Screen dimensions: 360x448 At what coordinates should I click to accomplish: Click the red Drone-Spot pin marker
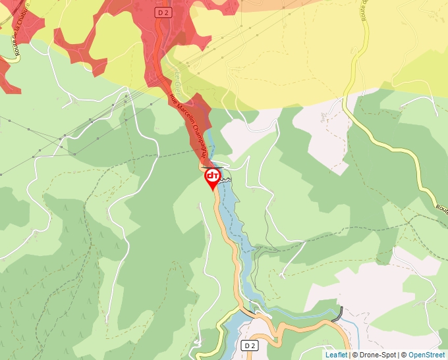(213, 177)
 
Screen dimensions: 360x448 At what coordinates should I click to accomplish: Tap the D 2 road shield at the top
(163, 13)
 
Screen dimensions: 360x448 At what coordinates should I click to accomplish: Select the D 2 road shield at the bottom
(248, 346)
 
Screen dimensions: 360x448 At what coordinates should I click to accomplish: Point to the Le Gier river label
(176, 78)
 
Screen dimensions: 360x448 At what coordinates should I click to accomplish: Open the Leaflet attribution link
(335, 355)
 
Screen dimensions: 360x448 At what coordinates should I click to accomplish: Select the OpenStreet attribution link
(426, 355)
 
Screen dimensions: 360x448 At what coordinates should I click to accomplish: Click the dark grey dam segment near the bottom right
(340, 314)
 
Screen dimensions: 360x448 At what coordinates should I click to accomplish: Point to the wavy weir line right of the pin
(226, 179)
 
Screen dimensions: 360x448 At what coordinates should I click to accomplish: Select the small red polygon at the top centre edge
(227, 6)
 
